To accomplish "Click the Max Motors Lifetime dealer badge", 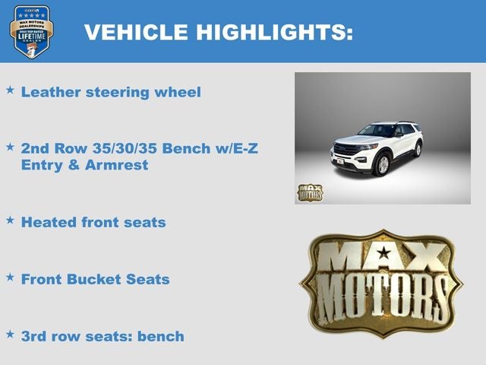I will [32, 31].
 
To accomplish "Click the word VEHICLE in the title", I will [134, 33].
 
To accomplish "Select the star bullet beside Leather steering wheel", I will [11, 90].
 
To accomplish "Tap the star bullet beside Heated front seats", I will [11, 220].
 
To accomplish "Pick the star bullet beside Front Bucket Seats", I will [11, 277].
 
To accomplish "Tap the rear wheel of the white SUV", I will [417, 149].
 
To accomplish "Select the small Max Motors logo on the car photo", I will [310, 192].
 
